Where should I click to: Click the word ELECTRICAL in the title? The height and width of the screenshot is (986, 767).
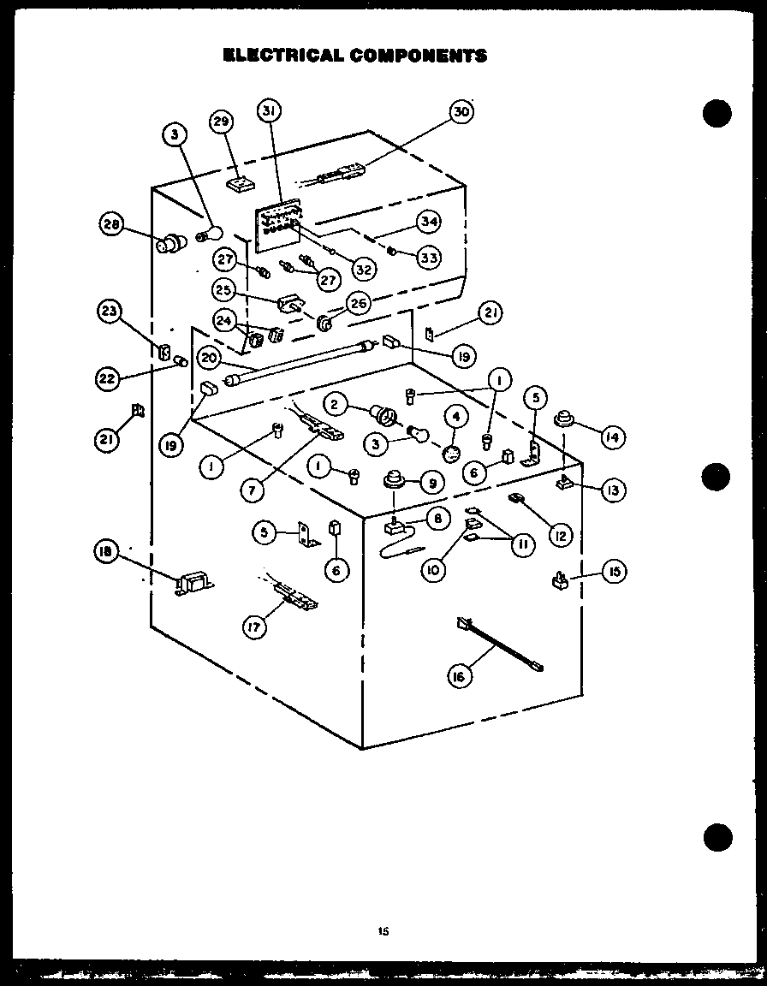click(x=282, y=56)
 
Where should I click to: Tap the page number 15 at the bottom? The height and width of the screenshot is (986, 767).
click(x=383, y=932)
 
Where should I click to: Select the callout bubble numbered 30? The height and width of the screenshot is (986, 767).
click(x=462, y=112)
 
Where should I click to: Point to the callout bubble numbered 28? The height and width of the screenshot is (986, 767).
click(x=112, y=226)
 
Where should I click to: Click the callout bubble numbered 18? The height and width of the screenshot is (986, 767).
click(x=106, y=552)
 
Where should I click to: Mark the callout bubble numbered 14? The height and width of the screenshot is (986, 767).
click(x=612, y=437)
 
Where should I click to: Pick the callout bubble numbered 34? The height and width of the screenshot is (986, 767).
click(x=429, y=222)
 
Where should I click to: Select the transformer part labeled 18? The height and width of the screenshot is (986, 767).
click(x=193, y=586)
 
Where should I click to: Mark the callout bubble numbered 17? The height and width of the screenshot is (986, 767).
click(x=253, y=627)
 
